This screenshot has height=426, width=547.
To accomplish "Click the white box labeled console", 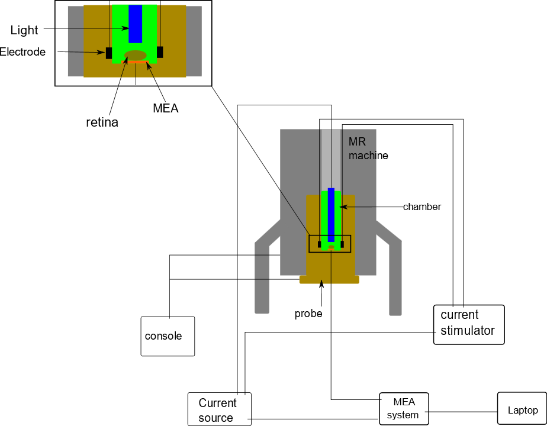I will click(168, 336).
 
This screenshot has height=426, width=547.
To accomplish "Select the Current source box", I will click(220, 409).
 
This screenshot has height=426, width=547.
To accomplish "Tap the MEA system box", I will click(404, 408).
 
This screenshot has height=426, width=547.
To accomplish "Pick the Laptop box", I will click(522, 409).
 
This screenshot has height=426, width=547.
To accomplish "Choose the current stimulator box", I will click(469, 324).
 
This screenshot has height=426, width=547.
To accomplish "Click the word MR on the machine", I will click(357, 143).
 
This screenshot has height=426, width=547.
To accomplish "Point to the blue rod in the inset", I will click(135, 24).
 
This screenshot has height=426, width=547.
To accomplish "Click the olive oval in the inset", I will click(136, 55).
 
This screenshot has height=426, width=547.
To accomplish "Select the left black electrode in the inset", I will click(109, 53).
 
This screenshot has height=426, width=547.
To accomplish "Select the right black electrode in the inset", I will click(160, 52).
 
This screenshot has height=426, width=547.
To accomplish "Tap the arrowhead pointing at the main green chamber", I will click(343, 207).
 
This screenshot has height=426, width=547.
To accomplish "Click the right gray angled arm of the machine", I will click(393, 266).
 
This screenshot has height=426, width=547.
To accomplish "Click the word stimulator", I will click(468, 330).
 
